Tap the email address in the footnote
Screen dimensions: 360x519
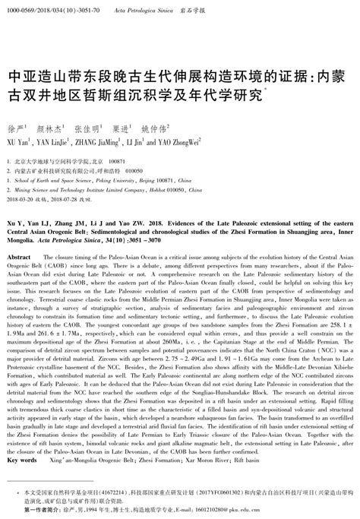(298, 509)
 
